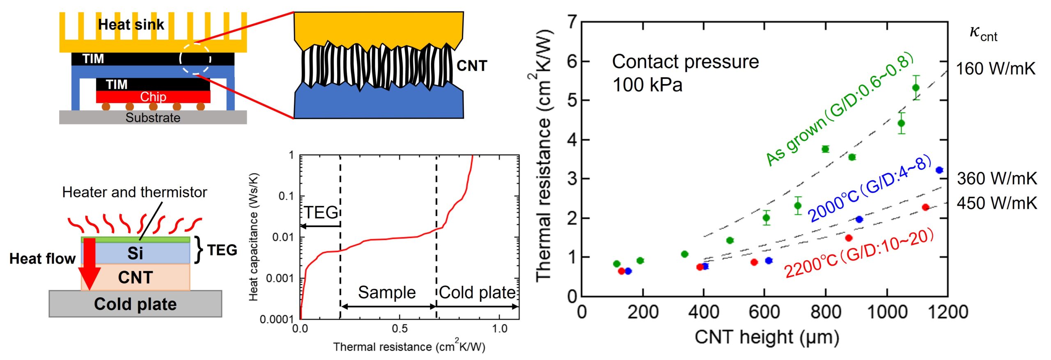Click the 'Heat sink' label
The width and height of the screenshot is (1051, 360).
(x=131, y=25)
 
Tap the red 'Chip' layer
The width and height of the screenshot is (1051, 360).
(x=153, y=97)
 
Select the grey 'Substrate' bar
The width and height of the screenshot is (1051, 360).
(x=153, y=117)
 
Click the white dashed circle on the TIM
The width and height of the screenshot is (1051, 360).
(x=195, y=59)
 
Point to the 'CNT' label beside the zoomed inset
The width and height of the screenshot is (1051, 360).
(x=472, y=66)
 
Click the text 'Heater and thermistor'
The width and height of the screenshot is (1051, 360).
(x=134, y=192)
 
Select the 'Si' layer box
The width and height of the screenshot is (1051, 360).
(x=135, y=253)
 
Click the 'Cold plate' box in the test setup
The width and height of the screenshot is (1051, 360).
(x=135, y=304)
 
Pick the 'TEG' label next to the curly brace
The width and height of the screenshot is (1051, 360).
(x=222, y=250)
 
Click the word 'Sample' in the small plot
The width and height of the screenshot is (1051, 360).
(x=387, y=293)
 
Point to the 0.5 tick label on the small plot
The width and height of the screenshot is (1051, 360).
(x=399, y=329)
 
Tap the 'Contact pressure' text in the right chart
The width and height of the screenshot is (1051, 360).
(x=685, y=62)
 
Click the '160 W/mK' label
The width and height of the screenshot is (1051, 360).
(x=996, y=69)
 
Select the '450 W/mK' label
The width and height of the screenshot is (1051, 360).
(x=997, y=203)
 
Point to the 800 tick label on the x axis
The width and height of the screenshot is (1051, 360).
(x=825, y=312)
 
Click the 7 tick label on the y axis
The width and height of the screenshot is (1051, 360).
(x=572, y=21)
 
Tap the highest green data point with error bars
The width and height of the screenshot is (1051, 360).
(x=916, y=88)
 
